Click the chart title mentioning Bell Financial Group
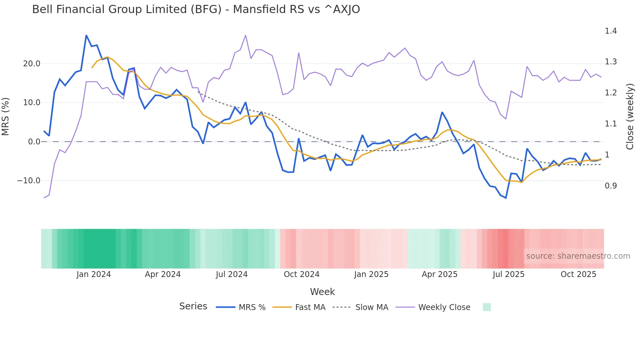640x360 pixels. (196, 9)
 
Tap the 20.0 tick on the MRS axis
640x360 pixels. (32, 64)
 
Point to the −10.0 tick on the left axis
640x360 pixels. (29, 181)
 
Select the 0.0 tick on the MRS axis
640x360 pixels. (34, 142)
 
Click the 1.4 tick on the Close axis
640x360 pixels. (611, 31)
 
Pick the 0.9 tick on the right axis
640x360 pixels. (611, 186)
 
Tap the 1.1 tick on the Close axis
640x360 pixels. (611, 124)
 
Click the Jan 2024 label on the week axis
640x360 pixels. (94, 274)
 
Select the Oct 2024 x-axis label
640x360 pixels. (301, 274)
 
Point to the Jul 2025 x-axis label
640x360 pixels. (508, 274)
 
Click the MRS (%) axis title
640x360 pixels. (5, 117)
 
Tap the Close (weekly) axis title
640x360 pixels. (630, 117)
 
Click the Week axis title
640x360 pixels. (322, 292)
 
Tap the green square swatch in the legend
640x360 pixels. (487, 307)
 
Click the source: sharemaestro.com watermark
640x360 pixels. (578, 256)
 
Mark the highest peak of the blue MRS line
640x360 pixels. (86, 35)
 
